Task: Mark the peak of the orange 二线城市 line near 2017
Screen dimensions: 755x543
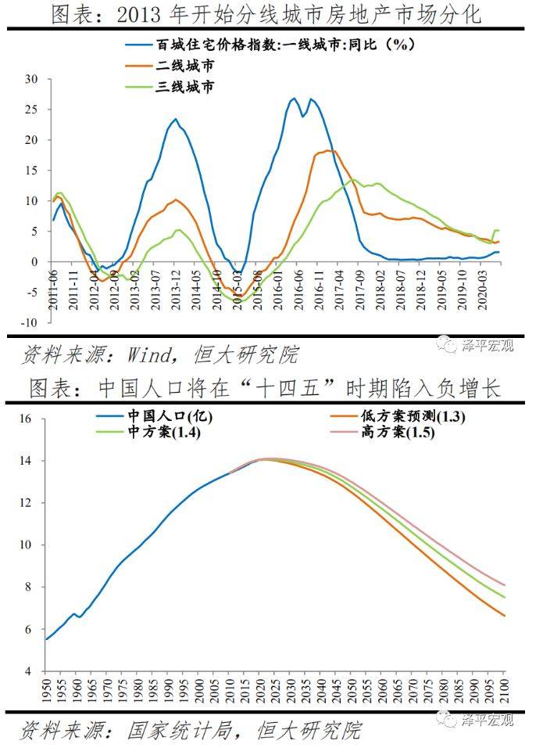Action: [x=329, y=150]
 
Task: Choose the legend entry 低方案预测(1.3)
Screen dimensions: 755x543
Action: [x=413, y=416]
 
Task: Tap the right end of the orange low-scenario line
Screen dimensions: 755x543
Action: [x=505, y=616]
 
